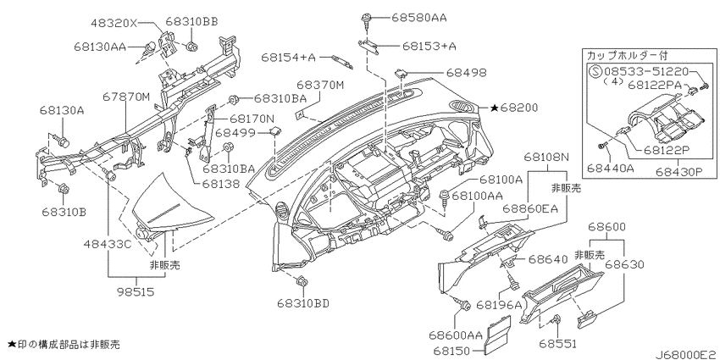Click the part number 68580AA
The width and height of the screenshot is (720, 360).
point(418,18)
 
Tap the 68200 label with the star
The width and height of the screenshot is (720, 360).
point(514,108)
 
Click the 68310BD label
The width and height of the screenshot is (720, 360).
point(303,303)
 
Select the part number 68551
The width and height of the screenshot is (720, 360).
point(558,343)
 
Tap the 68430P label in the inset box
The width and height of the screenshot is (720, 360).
point(678,171)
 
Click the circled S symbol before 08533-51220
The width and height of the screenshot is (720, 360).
point(595,72)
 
